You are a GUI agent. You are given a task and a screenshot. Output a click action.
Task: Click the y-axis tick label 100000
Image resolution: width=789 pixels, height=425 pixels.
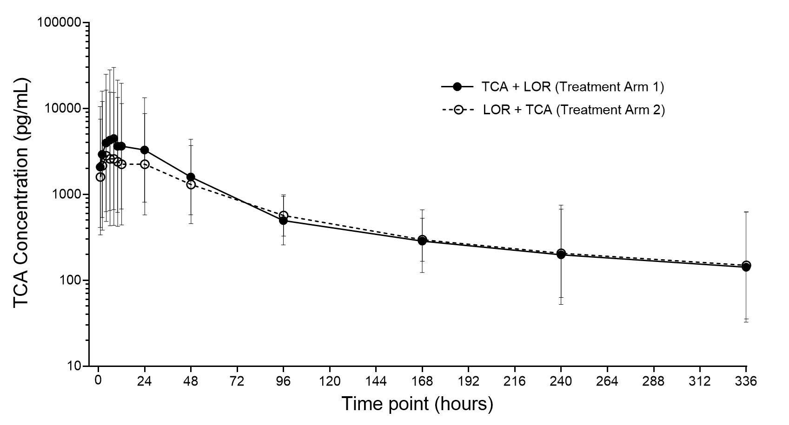click(x=58, y=23)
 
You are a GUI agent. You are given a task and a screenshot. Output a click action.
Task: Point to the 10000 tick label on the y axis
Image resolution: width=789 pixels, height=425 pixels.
click(x=62, y=109)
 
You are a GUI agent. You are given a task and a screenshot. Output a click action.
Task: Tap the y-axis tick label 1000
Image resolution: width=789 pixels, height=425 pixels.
click(x=66, y=195)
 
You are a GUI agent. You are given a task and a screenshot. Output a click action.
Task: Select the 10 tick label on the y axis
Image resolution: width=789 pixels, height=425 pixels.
click(x=73, y=366)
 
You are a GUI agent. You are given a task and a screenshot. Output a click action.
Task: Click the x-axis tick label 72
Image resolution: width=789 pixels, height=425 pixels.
click(x=237, y=381)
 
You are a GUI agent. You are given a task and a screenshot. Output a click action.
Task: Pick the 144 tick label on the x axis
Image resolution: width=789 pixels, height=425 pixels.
click(x=376, y=381)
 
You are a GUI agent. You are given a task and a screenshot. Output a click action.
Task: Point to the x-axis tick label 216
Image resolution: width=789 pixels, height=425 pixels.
click(x=515, y=381)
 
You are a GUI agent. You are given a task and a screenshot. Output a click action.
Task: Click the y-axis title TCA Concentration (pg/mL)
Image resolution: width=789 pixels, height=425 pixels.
click(x=21, y=194)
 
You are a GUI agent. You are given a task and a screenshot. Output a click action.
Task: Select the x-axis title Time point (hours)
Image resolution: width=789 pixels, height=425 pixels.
click(x=417, y=404)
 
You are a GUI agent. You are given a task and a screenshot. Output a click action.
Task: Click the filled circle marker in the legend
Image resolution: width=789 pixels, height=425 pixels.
click(x=457, y=86)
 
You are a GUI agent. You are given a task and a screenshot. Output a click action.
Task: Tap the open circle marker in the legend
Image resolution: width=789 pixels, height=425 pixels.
click(x=458, y=110)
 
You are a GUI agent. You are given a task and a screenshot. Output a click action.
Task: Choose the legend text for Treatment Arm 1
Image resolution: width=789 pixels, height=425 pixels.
click(x=573, y=86)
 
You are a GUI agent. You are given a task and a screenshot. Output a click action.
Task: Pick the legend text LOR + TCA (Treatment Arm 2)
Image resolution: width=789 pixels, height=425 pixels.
click(x=574, y=110)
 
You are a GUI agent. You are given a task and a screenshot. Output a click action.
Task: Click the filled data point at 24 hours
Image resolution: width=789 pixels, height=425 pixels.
click(x=145, y=150)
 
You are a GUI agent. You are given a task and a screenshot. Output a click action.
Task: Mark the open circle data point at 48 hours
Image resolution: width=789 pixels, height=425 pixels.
click(x=191, y=184)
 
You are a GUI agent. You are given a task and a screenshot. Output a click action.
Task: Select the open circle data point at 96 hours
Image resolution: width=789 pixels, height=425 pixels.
click(x=283, y=216)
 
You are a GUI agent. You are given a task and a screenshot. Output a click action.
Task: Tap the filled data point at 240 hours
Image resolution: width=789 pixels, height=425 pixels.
click(x=561, y=255)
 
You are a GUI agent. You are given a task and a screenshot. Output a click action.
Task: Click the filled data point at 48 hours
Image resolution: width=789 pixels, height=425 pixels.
click(x=191, y=177)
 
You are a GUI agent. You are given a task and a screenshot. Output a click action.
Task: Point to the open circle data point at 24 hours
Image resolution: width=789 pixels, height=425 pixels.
click(x=145, y=164)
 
